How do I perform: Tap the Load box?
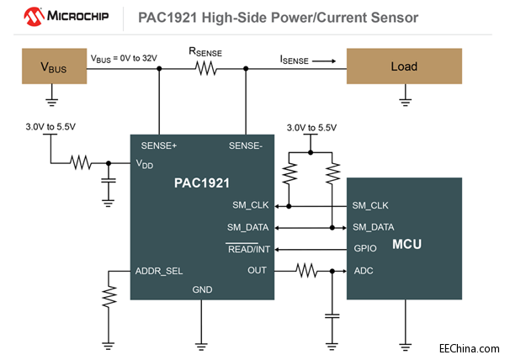tap(404, 66)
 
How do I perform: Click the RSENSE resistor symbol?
tap(205, 66)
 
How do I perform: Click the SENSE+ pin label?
tap(159, 146)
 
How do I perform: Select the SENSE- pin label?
tap(247, 146)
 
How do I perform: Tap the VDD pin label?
tap(146, 165)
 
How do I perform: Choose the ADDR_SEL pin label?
tap(159, 271)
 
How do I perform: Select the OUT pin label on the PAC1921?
tap(257, 271)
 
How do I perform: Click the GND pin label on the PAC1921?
tap(202, 289)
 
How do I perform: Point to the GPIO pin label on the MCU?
tap(366, 249)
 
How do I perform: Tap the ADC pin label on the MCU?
tap(364, 271)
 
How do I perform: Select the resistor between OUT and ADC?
tap(306, 271)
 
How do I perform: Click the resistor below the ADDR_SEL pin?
tap(108, 295)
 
